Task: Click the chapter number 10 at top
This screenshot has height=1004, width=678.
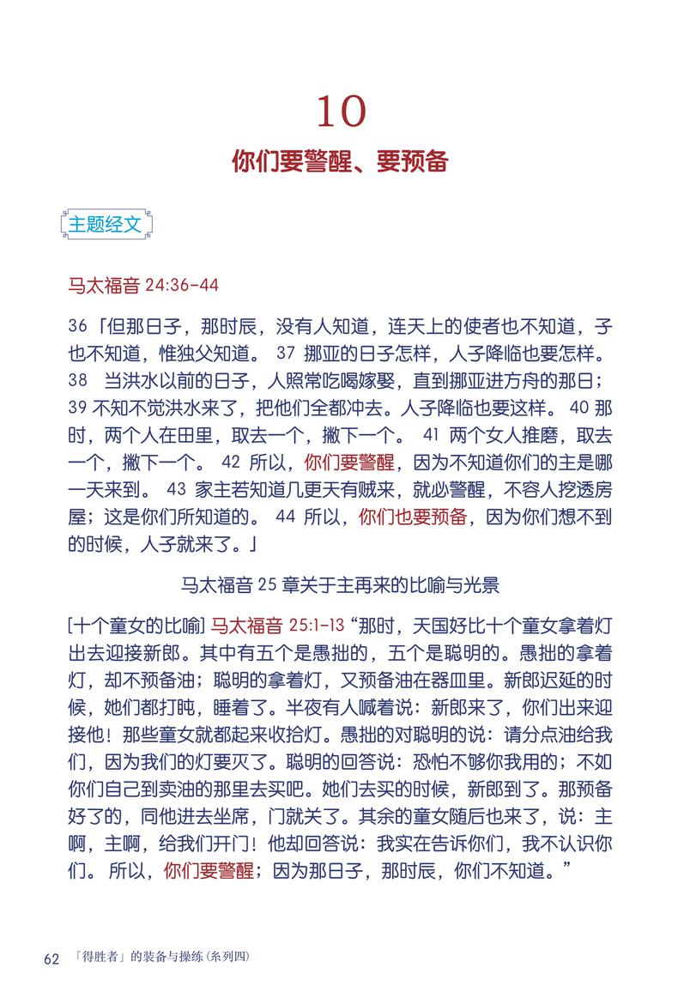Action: [x=342, y=110]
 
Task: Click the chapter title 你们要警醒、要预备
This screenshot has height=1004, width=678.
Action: [x=340, y=161]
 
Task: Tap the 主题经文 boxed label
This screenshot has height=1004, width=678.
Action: [x=106, y=225]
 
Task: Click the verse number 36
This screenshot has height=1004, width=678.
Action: [x=76, y=328]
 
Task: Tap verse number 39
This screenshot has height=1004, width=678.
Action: [x=76, y=405]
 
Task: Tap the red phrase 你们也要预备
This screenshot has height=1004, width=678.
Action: [x=412, y=516]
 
